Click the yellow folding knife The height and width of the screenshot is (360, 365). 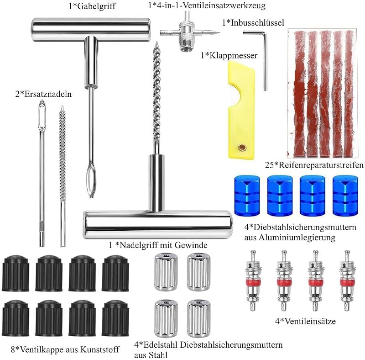pos(241,112)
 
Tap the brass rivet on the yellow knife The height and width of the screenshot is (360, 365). pos(242,147)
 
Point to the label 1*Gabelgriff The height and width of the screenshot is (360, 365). pos(92,6)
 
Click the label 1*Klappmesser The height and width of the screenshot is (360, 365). pos(229,55)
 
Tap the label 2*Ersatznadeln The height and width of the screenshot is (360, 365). pos(43,94)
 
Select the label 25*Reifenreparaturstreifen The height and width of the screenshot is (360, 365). pos(314,165)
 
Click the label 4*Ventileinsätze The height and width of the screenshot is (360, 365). pos(305,321)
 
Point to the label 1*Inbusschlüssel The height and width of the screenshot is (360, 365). pos(253,23)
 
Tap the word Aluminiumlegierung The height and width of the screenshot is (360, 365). pos(297,238)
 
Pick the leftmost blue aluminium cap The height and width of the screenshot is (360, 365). pos(247,196)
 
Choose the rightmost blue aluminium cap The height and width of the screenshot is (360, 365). pos(345,196)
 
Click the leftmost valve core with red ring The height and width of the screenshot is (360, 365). pos(252,281)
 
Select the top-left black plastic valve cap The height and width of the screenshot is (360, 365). pos(16,273)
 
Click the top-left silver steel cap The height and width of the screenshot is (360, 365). pos(166,272)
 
